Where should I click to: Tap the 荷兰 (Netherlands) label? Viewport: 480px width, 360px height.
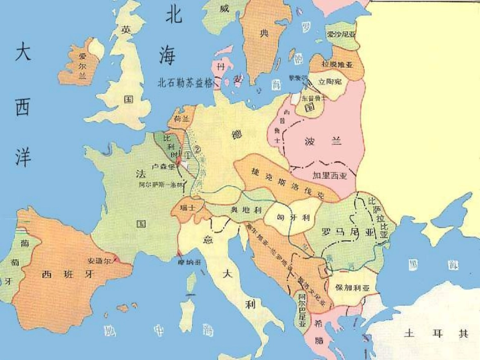[x=181, y=120]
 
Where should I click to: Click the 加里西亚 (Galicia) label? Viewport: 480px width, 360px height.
[x=330, y=175]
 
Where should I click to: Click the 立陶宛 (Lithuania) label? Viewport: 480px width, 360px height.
[x=330, y=80]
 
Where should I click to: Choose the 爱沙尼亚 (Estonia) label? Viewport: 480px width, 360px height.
[x=342, y=34]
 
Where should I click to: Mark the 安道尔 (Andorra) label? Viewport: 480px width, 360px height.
[x=99, y=261]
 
